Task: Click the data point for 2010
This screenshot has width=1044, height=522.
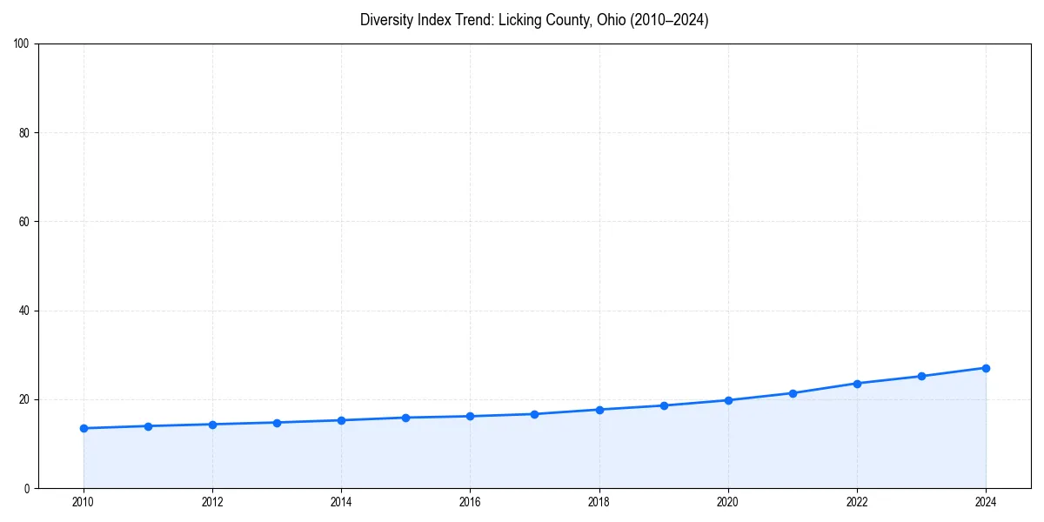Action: pos(84,428)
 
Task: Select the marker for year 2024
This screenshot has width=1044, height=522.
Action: pos(986,368)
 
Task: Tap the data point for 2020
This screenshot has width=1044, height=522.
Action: pos(728,400)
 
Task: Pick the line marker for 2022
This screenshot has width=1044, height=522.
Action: pos(857,384)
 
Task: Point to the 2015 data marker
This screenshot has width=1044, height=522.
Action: pos(405,418)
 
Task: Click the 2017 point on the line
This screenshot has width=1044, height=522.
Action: pos(534,414)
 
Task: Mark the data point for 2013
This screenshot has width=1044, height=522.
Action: pos(277,423)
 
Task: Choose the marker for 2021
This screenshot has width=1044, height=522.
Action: pos(793,393)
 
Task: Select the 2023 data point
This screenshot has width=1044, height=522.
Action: pos(921,376)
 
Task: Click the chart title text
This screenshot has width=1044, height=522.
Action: pos(534,20)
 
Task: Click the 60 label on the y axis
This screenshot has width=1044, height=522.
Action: pos(24,222)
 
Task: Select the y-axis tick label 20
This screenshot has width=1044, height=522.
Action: pos(24,399)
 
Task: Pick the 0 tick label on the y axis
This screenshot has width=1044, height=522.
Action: pos(27,488)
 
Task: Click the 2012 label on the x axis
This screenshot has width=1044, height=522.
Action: pos(212,502)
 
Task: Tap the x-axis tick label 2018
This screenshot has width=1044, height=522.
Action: pos(599,502)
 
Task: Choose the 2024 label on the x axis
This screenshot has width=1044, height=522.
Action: pos(986,502)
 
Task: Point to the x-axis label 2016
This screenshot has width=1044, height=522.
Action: pos(470,502)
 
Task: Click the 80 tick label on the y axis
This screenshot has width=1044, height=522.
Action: pos(24,133)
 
